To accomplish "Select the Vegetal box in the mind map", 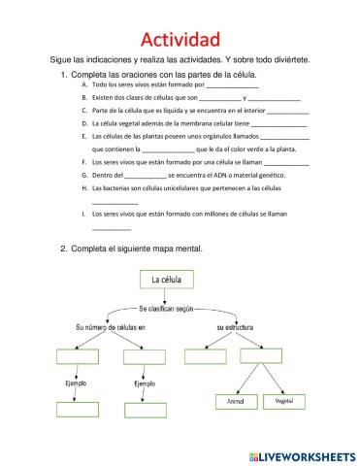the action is [x=283, y=400].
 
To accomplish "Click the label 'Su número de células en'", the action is [x=110, y=328].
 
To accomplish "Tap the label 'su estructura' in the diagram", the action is [x=236, y=328].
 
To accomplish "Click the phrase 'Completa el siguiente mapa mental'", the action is [x=138, y=248].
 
